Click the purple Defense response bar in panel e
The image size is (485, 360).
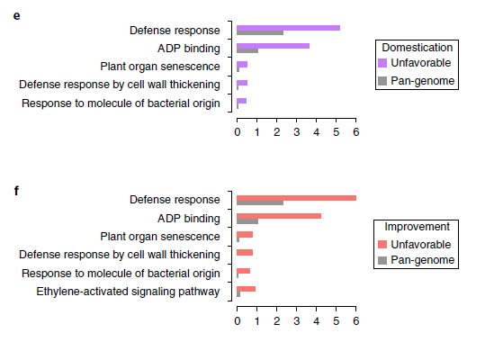tap(288, 28)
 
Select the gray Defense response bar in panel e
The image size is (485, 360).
tap(260, 32)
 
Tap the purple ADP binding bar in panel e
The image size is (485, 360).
tap(274, 46)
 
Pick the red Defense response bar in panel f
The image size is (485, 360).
tap(296, 198)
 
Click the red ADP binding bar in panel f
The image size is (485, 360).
tap(279, 216)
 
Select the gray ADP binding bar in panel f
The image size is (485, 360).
tap(247, 221)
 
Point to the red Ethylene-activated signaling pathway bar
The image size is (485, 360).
tap(247, 289)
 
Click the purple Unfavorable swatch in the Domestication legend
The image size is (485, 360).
tap(382, 63)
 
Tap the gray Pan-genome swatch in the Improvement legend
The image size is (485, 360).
tap(382, 260)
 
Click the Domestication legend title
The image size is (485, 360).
tap(417, 48)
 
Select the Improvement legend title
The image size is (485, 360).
tap(417, 227)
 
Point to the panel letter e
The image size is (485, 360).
tap(17, 16)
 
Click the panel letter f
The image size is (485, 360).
tap(16, 191)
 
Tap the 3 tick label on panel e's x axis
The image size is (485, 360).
tap(297, 132)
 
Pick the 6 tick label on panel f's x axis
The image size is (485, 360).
tap(356, 321)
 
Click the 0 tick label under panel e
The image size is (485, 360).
tap(238, 132)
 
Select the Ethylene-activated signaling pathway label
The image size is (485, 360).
tap(128, 292)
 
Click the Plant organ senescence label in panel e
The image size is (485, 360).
tap(160, 67)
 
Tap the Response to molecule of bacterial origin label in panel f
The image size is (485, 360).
tap(121, 274)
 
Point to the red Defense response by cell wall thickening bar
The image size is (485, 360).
tap(245, 252)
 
